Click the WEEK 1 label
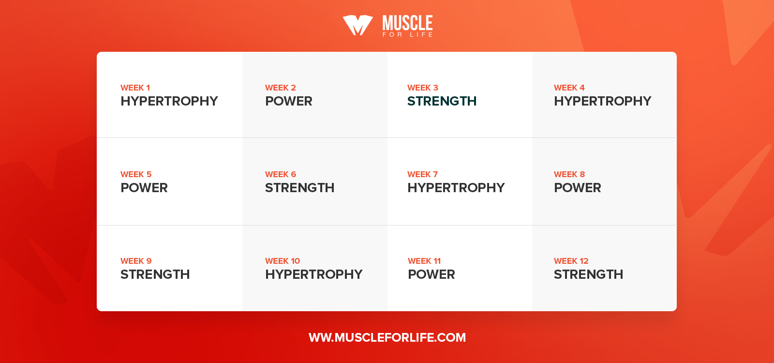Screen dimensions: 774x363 point(135,88)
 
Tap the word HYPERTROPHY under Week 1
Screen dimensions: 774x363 point(169,101)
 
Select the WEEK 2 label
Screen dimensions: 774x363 point(280,88)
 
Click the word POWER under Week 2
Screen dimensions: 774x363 point(288,101)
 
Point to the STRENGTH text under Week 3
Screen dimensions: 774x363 point(442,101)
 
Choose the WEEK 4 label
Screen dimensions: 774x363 point(569,88)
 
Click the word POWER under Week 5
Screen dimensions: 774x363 point(144,188)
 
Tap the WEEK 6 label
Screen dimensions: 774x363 point(281,174)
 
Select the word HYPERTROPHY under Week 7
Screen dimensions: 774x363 point(456,188)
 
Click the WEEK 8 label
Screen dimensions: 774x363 point(569,174)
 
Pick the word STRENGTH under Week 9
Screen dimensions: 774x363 point(155,274)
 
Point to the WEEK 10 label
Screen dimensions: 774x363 point(283,261)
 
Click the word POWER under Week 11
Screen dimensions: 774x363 point(431,274)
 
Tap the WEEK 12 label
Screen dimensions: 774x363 point(571,261)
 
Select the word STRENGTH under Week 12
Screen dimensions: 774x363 point(588,274)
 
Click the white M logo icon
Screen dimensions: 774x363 point(357,25)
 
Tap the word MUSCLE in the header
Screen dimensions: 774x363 point(407,23)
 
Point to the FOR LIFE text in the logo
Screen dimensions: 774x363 point(407,34)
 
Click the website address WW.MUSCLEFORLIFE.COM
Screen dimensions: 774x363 point(387,337)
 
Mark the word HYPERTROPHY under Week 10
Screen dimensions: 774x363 point(314,274)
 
